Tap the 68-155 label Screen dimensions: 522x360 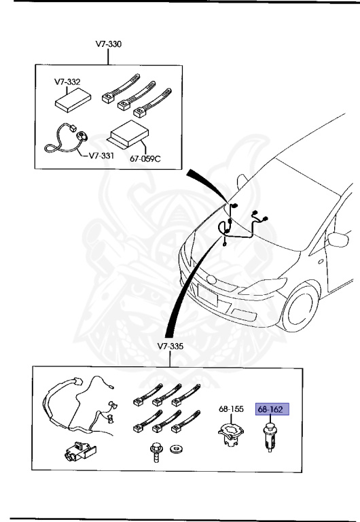[230, 410]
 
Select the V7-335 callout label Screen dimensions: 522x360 [171, 346]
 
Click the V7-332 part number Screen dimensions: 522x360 [67, 82]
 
